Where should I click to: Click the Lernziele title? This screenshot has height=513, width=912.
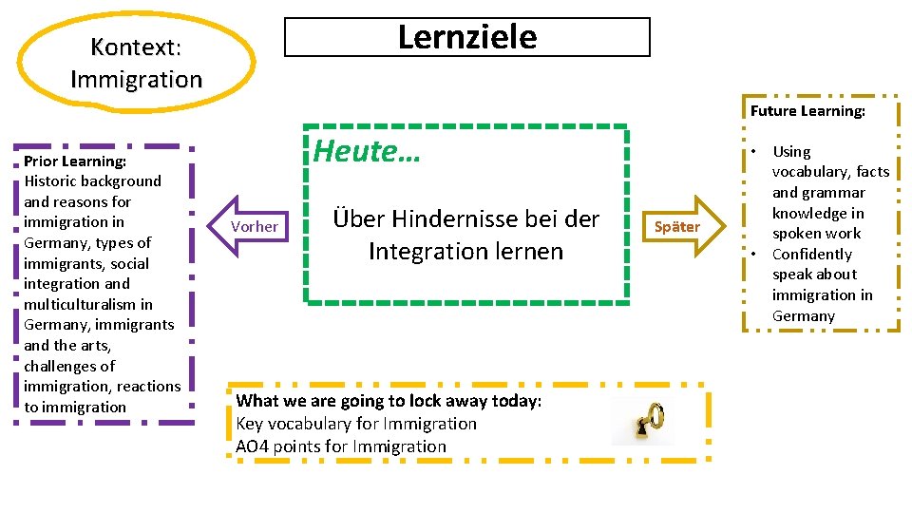point(466,37)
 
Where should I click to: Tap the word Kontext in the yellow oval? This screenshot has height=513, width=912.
point(134,47)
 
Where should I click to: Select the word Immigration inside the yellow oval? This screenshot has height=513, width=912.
point(136,79)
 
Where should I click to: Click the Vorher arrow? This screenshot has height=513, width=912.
point(252,226)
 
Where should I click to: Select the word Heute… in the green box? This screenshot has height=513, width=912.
point(367,150)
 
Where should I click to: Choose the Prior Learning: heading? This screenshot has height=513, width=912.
point(75,161)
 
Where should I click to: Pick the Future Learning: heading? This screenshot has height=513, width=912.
point(807,111)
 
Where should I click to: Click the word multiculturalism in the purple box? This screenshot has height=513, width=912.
point(87,304)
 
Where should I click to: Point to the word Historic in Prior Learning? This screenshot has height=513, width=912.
point(52,181)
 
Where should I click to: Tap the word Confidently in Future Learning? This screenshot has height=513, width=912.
point(811,255)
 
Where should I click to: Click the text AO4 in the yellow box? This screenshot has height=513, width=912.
point(252,446)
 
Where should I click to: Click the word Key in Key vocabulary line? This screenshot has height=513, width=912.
point(249,424)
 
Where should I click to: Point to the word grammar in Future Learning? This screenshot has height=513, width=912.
point(833,193)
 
